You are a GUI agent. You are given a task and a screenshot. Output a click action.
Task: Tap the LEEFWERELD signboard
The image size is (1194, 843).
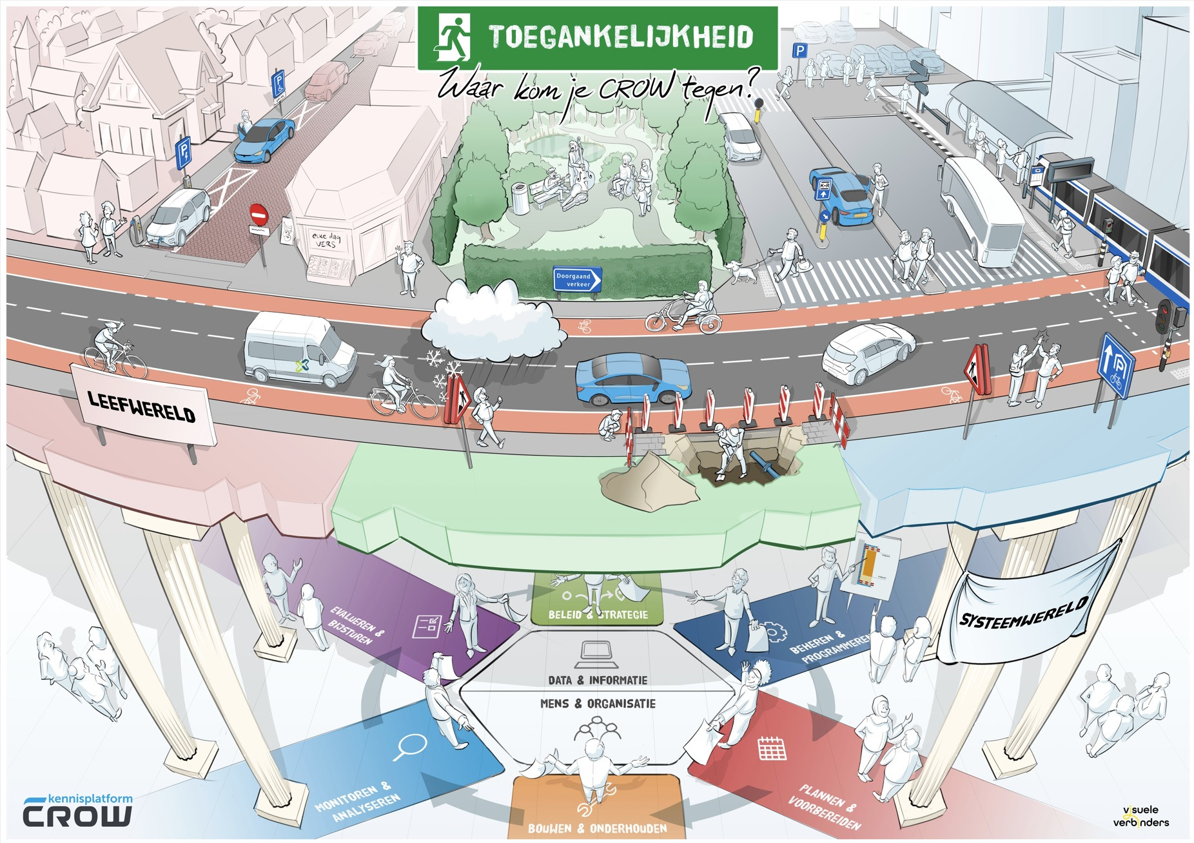(x=142, y=405)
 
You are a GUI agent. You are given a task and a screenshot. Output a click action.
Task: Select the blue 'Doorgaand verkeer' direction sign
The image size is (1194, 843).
(x=578, y=280)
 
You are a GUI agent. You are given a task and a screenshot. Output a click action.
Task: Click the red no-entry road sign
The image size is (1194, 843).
(x=258, y=213)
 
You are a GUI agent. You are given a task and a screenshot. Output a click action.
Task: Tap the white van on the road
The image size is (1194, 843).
(x=299, y=350)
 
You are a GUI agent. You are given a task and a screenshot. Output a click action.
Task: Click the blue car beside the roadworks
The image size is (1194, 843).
(x=632, y=380)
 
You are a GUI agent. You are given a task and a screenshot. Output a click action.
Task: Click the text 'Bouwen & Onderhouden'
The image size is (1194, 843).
(x=597, y=828)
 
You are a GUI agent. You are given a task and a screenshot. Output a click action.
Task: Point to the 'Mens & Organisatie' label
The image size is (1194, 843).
(x=598, y=703)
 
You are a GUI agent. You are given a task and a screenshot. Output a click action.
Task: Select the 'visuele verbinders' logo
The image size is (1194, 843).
(x=1140, y=816)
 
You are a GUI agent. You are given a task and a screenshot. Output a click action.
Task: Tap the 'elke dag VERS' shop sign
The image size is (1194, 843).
(x=328, y=240)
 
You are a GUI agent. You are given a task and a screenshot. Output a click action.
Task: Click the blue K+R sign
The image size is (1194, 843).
(x=823, y=189)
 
